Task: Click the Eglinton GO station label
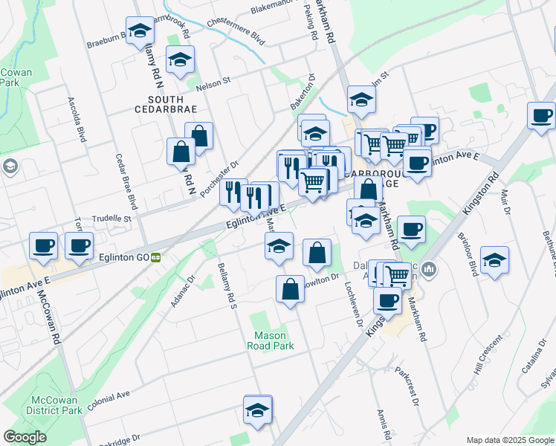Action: click(x=123, y=258)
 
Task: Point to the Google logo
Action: click(x=25, y=437)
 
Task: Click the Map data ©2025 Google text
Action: click(x=510, y=440)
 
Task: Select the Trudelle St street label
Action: click(x=111, y=219)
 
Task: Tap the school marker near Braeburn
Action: click(x=138, y=31)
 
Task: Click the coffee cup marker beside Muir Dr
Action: click(x=541, y=116)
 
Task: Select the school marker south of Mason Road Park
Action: click(x=257, y=410)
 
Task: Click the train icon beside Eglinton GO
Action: click(x=155, y=258)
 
